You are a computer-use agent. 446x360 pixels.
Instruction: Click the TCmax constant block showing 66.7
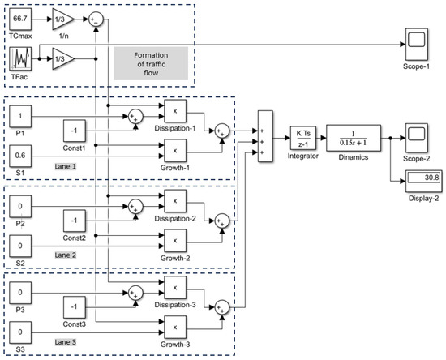[20, 19]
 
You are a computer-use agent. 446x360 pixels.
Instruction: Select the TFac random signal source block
[20, 59]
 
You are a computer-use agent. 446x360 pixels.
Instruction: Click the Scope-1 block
[417, 45]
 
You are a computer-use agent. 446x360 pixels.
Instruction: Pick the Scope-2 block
[417, 138]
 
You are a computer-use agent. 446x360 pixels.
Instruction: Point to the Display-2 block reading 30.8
[424, 181]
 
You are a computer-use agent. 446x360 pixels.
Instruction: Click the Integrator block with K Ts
[303, 138]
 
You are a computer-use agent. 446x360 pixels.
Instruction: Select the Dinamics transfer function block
[354, 138]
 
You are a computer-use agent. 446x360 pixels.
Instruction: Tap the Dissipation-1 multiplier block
[175, 111]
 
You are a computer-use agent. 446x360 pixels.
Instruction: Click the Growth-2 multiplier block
[175, 241]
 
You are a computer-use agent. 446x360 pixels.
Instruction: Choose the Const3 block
[75, 307]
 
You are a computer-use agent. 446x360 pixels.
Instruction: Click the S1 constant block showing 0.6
[20, 156]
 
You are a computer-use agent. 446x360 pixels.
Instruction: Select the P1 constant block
[20, 116]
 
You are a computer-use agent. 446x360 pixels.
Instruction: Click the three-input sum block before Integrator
[265, 136]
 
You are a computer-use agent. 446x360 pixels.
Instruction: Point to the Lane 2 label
[66, 255]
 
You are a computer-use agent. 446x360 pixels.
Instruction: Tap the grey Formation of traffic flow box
[151, 64]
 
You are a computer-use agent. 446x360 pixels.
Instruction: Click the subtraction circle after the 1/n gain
[96, 19]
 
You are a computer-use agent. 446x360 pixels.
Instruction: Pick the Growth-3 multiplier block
[175, 328]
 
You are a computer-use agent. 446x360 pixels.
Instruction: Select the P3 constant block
[20, 293]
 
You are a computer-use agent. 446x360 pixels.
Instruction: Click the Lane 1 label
[66, 166]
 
